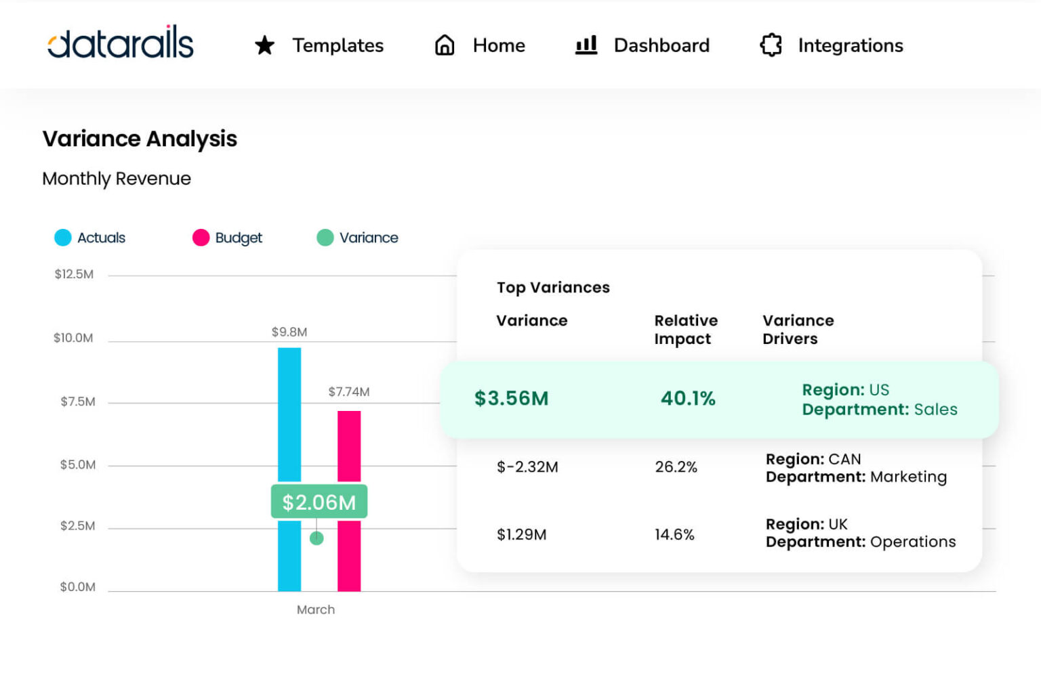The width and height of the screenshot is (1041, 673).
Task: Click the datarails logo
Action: click(x=121, y=43)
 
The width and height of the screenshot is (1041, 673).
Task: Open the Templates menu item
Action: click(x=338, y=45)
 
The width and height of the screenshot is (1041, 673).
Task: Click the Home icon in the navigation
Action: click(x=445, y=45)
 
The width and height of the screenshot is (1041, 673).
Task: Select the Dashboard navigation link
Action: click(x=661, y=45)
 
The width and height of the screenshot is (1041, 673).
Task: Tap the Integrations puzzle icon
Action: click(x=771, y=45)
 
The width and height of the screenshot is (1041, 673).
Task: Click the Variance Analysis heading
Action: click(x=140, y=139)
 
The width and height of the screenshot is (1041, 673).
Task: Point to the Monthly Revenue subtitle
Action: click(x=117, y=179)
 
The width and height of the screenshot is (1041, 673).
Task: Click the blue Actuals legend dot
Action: click(x=63, y=238)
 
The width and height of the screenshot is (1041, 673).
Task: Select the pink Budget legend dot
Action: click(x=201, y=238)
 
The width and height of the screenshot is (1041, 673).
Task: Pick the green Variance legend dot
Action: click(x=325, y=238)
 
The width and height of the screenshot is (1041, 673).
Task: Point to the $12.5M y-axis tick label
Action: click(x=74, y=274)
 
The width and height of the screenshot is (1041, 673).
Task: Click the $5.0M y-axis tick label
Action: click(x=77, y=464)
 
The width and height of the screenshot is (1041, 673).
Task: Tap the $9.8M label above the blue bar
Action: click(x=289, y=332)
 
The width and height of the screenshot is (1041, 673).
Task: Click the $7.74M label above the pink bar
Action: click(x=349, y=392)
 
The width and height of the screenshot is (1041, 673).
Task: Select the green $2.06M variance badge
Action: click(x=319, y=502)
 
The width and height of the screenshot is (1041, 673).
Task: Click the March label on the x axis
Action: click(x=316, y=609)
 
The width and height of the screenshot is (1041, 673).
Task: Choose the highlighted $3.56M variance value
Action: click(x=512, y=398)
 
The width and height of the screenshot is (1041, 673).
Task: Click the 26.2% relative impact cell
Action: click(x=676, y=466)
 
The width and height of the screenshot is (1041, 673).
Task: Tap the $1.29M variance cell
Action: click(x=521, y=534)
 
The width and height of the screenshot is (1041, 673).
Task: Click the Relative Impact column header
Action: click(x=685, y=330)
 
